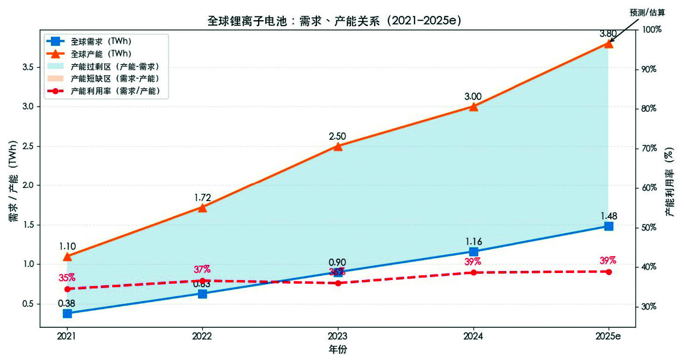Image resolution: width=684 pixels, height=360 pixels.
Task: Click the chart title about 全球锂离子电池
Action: click(x=335, y=21)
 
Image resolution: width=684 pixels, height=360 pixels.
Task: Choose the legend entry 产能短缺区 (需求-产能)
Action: click(x=115, y=79)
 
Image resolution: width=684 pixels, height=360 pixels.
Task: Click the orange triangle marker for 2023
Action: click(x=338, y=147)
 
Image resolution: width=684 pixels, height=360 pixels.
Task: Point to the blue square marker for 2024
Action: click(x=474, y=252)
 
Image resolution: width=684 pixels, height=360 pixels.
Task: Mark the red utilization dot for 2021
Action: click(x=67, y=289)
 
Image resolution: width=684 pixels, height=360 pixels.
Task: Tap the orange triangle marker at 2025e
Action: click(x=609, y=43)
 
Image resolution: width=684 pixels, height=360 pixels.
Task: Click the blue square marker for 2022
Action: click(x=202, y=294)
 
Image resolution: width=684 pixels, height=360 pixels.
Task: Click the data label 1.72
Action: click(x=203, y=197)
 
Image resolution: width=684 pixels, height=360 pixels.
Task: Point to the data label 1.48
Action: click(x=609, y=216)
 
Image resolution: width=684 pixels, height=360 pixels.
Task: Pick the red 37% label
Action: click(x=202, y=269)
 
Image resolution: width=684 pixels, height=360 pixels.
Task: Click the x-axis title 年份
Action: click(x=338, y=349)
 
